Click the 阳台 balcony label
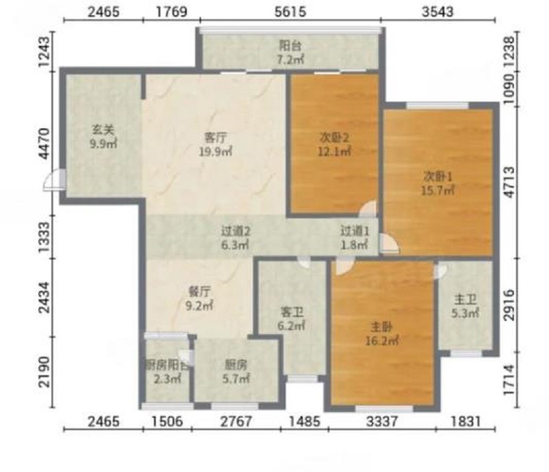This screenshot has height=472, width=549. point(290,46)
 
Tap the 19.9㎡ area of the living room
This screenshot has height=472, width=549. point(215,152)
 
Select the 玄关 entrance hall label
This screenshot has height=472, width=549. point(104,130)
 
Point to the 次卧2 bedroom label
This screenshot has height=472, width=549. point(334,138)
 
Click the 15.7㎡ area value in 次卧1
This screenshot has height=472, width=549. point(439,191)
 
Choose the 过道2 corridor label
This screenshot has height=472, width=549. point(235,231)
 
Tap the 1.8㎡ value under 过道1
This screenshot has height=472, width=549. point(355,244)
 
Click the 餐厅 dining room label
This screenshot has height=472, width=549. point(200,292)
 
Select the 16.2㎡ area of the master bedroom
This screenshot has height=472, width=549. point(382,340)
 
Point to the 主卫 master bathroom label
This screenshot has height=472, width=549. point(465,300)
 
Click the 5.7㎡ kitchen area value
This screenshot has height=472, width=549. point(236,379)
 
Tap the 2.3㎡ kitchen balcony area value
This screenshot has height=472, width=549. point(167,379)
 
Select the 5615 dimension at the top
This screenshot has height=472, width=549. point(290,12)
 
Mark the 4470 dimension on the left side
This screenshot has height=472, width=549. point(45,143)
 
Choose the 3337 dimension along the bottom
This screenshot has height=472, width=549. point(382,421)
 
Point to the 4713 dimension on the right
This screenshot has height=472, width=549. point(510,182)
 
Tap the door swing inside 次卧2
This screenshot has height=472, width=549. point(369,209)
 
